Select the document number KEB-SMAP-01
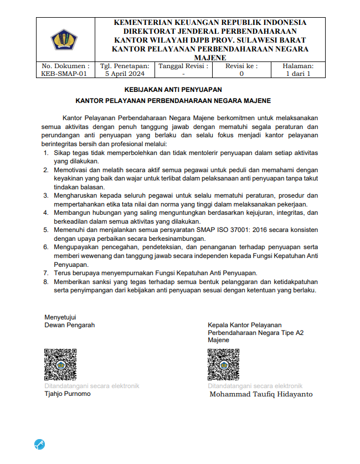pos(64,73)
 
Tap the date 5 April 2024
pos(125,73)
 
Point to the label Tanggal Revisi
pos(183,65)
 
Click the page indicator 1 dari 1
pos(298,73)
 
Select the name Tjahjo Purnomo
pos(68,394)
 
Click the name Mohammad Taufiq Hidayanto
pos(261,394)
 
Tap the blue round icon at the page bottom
pos(39,444)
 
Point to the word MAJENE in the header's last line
pos(210,58)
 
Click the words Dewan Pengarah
pos(69,325)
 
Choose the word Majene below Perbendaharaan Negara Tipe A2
pos(218,340)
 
